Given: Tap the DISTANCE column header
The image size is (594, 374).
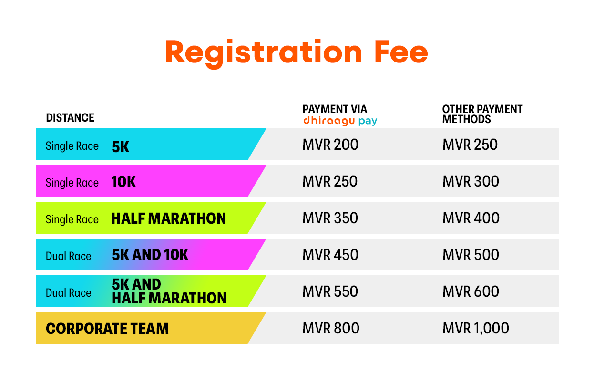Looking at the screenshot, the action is coord(70,117).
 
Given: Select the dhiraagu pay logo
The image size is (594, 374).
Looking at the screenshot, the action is coord(340,121).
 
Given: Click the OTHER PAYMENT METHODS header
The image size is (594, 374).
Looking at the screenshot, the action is coord(482,114).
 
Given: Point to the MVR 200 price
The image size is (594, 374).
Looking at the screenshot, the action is coord(330,145).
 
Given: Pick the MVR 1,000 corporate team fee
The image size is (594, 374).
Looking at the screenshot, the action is coord(476,328).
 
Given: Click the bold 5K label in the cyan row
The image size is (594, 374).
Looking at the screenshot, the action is coord(121,147).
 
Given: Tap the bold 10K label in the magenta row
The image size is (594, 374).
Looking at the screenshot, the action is coord(123,182).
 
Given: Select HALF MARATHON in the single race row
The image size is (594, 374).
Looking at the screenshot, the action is coord(169,218).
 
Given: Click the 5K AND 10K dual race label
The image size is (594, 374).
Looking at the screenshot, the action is coord(150,255).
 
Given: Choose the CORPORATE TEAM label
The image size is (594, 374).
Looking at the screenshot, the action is coord(107,329).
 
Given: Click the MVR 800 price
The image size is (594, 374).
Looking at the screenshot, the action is coord(331,328).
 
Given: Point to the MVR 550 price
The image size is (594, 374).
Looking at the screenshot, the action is coord(330,291).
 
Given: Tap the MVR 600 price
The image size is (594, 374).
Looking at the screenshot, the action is coord(471,291).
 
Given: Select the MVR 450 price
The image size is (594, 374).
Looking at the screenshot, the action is coord(330,255).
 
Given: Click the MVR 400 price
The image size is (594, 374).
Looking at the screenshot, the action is coord(471,218).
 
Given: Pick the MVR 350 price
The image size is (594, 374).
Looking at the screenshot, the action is coord(330,218).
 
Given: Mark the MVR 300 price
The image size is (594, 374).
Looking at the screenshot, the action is coord(471,182).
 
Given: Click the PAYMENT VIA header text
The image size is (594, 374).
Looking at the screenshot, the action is coord(335,109).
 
